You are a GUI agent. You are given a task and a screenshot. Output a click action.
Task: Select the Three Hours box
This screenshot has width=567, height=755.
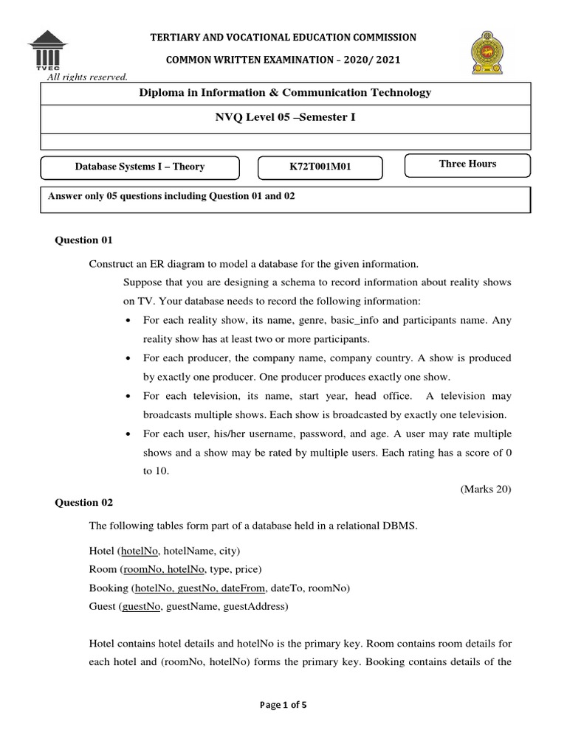467,164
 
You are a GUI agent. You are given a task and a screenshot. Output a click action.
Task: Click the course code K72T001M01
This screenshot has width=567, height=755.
320,167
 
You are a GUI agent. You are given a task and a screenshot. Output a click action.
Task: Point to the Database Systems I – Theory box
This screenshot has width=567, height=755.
140,167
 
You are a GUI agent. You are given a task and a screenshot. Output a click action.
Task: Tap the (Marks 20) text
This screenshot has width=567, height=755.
485,488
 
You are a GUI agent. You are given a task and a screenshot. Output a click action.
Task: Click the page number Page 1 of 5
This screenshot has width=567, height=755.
283,704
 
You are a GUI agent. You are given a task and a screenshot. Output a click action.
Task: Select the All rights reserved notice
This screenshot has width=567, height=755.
87,76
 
